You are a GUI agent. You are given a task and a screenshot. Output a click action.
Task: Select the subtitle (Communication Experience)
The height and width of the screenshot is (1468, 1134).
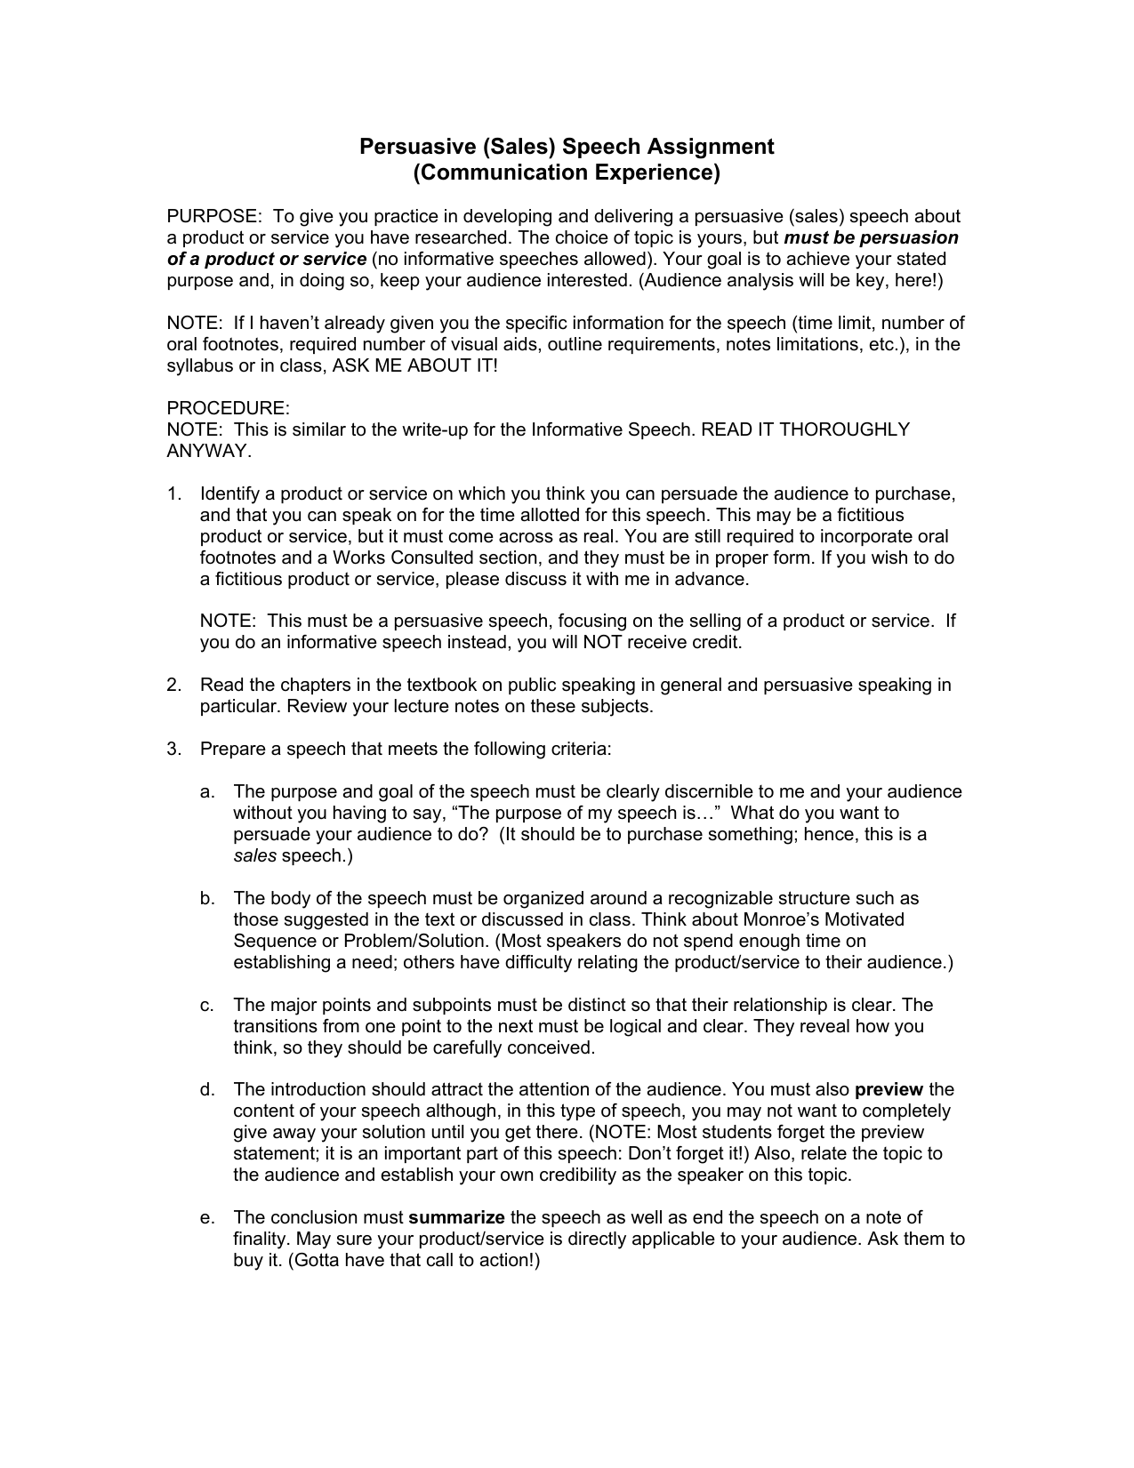point(567,172)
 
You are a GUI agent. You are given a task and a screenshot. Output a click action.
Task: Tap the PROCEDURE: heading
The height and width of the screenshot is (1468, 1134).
point(229,409)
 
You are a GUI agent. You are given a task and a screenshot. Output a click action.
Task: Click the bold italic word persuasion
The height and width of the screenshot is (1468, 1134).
point(908,238)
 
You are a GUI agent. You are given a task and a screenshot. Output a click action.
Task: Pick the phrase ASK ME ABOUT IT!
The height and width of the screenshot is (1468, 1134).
point(415,366)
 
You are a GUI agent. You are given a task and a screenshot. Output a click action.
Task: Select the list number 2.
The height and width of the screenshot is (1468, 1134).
point(173,686)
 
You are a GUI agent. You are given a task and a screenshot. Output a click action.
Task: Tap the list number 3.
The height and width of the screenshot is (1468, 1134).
point(173,750)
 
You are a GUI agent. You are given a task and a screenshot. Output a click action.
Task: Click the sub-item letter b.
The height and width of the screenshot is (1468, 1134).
point(206,899)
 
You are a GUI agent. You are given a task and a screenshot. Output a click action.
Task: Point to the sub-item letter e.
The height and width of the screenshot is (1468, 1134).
point(206,1218)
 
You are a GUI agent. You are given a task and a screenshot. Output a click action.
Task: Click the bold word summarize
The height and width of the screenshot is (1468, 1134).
point(456,1218)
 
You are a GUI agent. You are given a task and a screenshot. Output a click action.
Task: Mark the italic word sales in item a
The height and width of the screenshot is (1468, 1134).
point(254,856)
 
